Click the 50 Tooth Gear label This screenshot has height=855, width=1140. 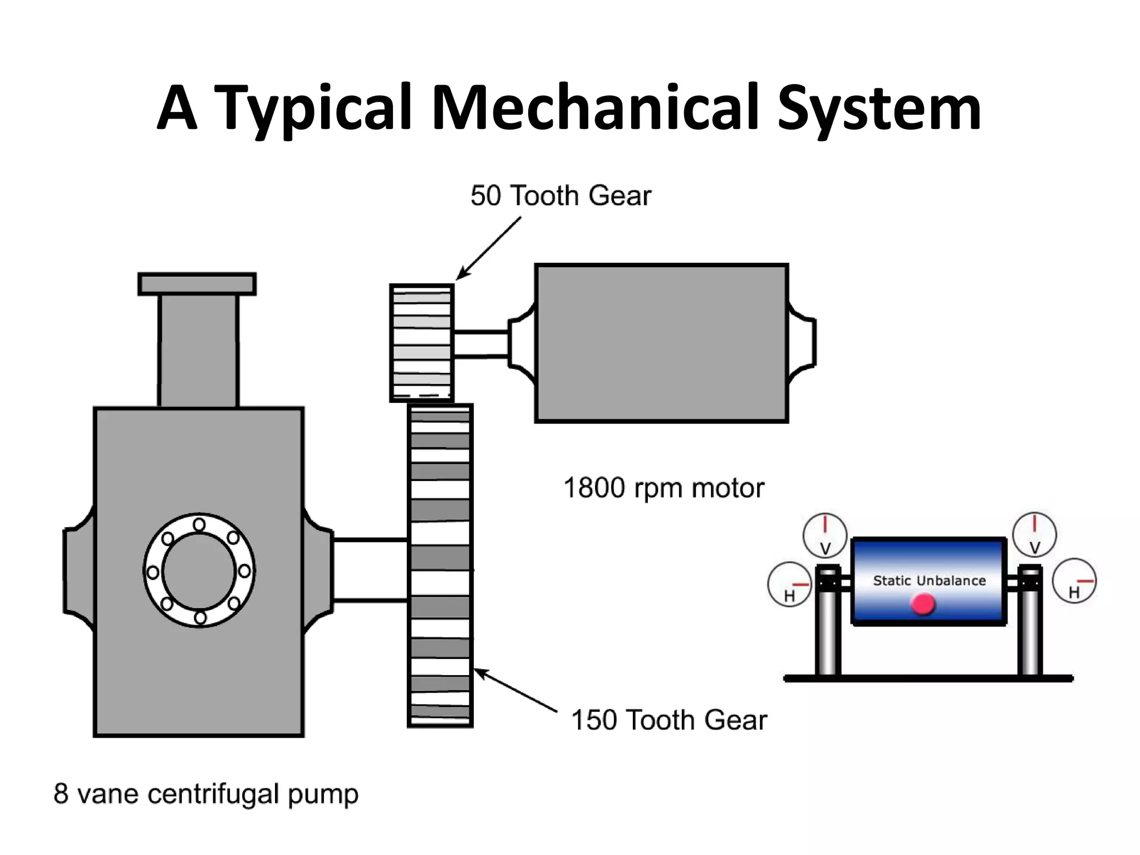[x=560, y=196]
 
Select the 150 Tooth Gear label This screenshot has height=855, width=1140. [x=669, y=720]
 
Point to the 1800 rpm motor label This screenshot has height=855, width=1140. [x=664, y=488]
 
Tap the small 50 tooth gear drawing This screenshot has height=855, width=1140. [x=421, y=342]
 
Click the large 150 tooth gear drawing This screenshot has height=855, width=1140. [x=440, y=565]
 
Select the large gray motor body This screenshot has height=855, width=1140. [x=661, y=343]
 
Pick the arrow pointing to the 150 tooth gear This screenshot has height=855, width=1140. [x=515, y=690]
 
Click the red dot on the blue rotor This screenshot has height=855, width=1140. [x=923, y=604]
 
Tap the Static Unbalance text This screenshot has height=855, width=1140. [x=929, y=581]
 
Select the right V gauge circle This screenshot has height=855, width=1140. [x=1034, y=534]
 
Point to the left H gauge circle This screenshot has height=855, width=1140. [x=789, y=584]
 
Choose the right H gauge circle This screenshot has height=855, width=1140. [x=1074, y=581]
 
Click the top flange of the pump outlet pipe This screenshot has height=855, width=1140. [x=197, y=284]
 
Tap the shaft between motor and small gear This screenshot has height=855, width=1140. [x=481, y=343]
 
